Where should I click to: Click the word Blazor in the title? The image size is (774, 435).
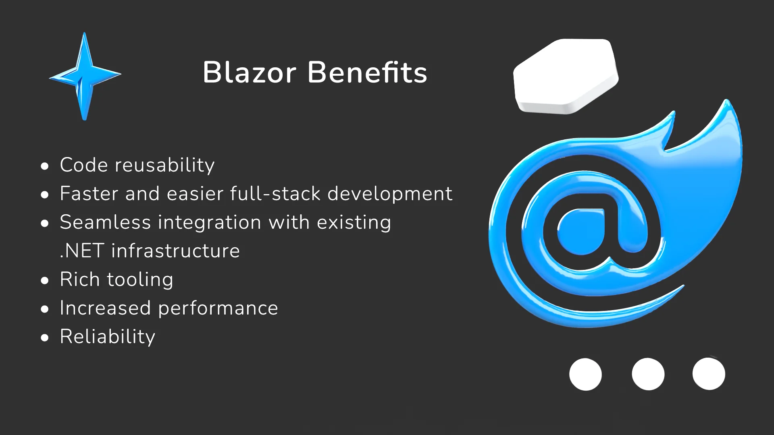pyautogui.click(x=250, y=72)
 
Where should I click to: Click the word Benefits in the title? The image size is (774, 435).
pyautogui.click(x=367, y=72)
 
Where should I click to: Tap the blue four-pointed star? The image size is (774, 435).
pyautogui.click(x=85, y=76)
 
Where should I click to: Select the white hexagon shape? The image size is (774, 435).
pyautogui.click(x=566, y=76)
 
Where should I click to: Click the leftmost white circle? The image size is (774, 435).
pyautogui.click(x=585, y=374)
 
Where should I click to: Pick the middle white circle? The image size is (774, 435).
pyautogui.click(x=648, y=374)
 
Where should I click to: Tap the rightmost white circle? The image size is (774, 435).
pyautogui.click(x=709, y=374)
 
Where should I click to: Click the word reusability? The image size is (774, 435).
pyautogui.click(x=165, y=165)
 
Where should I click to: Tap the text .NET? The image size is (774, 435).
pyautogui.click(x=82, y=251)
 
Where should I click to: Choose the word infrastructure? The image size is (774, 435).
pyautogui.click(x=176, y=251)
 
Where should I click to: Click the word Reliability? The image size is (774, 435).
pyautogui.click(x=108, y=337)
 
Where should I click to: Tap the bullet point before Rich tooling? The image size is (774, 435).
pyautogui.click(x=45, y=280)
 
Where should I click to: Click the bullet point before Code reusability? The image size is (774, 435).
pyautogui.click(x=45, y=166)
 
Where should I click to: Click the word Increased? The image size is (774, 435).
pyautogui.click(x=106, y=308)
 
